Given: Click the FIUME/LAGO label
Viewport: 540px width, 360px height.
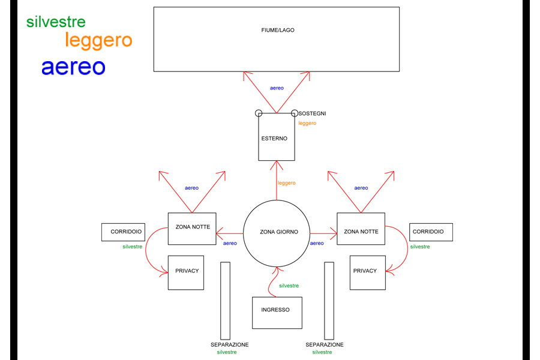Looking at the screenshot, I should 278,30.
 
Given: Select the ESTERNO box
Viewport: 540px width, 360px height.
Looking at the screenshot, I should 277,137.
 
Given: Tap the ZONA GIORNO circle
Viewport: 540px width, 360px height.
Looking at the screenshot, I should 275,232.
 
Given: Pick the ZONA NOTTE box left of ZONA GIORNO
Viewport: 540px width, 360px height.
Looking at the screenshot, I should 192,229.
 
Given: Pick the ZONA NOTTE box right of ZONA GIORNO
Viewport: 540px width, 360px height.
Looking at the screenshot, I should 361,229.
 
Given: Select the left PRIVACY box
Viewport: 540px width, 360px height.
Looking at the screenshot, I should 186,272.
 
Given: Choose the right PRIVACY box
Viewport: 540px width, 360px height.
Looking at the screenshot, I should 367,272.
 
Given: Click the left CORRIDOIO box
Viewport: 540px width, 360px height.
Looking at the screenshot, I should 126,232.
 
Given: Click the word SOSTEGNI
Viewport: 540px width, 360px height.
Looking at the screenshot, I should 313,113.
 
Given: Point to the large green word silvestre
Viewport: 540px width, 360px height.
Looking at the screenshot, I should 56,22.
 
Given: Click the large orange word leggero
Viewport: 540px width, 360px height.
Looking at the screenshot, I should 98,41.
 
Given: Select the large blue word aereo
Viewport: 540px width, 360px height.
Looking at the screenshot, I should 73,67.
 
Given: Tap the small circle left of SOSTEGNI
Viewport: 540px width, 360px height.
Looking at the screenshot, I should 259,113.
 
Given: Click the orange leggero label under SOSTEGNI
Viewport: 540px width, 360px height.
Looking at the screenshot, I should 307,123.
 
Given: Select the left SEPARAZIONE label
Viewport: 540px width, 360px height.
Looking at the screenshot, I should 229,344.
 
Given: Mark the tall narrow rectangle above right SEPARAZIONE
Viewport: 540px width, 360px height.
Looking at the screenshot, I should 329,301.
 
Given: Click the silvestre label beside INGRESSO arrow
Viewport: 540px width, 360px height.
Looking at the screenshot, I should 289,286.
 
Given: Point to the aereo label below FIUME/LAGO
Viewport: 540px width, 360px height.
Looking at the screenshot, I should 277,88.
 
